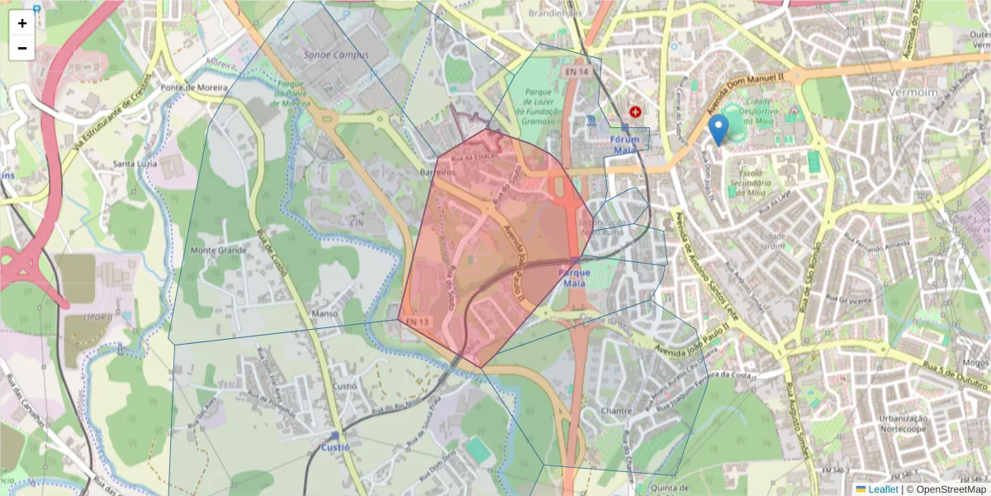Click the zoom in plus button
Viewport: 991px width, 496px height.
click(22, 23)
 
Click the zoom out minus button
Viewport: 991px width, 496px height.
click(22, 48)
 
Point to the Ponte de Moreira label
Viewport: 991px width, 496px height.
click(194, 88)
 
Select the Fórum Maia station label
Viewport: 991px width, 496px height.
click(625, 145)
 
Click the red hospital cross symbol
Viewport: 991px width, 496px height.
click(635, 111)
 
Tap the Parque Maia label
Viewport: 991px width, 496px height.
click(575, 277)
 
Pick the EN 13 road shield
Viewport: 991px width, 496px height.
click(416, 322)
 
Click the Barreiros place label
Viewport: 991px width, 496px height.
click(438, 173)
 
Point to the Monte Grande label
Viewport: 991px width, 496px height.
click(219, 250)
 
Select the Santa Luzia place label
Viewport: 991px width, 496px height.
click(135, 164)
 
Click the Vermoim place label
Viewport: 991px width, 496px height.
click(915, 93)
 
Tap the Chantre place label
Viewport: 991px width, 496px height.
click(617, 411)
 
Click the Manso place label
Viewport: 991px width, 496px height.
click(326, 314)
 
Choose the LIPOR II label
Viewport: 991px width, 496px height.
click(97, 317)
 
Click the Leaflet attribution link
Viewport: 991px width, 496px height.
click(882, 489)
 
